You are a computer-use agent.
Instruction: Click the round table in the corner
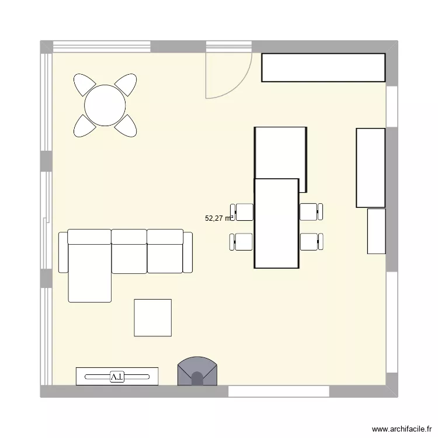pos(105,106)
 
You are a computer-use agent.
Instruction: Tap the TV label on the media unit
pos(117,377)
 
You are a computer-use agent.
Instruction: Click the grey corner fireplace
pos(197,372)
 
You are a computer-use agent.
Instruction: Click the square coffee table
pos(152,318)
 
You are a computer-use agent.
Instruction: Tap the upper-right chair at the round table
pos(127,84)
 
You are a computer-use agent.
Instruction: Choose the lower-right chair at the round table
pos(127,126)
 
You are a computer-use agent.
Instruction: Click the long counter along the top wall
pos(323,68)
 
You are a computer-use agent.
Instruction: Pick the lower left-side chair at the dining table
pos(241,241)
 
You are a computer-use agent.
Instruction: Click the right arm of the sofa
pos(188,252)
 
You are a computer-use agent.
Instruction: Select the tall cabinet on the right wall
pos(370,168)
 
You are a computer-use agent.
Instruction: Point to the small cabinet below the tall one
pos(376,231)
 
